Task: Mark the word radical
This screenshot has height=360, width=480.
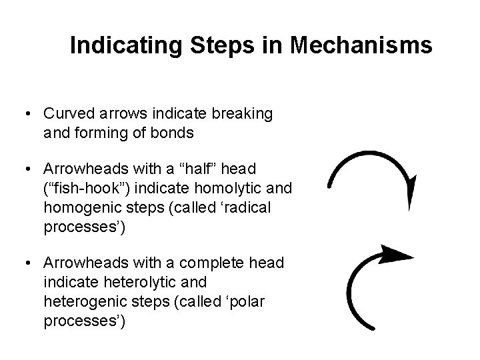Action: point(244,207)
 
